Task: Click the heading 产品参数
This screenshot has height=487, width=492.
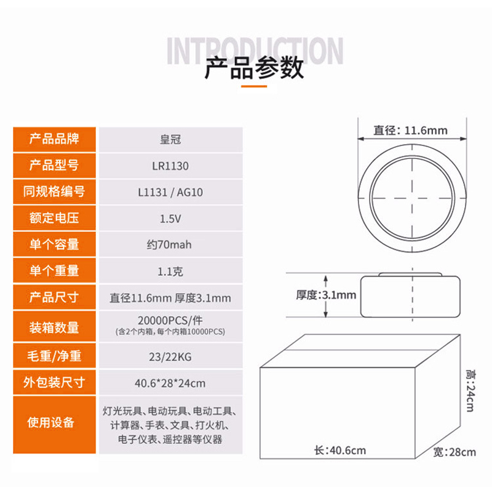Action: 254,68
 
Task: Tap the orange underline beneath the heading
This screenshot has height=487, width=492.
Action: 254,86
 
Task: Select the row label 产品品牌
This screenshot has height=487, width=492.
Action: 54,139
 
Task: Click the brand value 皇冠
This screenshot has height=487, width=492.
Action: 170,140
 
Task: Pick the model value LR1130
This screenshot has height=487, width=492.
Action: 170,166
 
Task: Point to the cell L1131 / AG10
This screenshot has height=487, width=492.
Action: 170,192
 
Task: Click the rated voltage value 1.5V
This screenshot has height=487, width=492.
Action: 170,219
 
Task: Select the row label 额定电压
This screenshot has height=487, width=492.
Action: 54,218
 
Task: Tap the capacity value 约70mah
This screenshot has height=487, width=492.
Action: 169,244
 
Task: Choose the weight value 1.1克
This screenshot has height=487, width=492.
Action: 170,271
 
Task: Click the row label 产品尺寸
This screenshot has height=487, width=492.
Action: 54,297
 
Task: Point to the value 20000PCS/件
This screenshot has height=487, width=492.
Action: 170,321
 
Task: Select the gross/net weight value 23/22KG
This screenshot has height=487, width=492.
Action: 170,357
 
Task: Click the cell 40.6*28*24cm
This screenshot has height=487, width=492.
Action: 170,384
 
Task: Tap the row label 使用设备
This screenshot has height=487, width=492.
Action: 50,422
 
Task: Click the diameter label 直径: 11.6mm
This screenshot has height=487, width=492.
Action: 410,130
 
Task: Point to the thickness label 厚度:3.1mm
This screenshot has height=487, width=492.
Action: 326,295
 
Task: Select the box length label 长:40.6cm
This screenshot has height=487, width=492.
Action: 340,450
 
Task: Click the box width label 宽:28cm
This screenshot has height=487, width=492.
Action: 454,452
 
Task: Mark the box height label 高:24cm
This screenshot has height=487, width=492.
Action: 470,390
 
